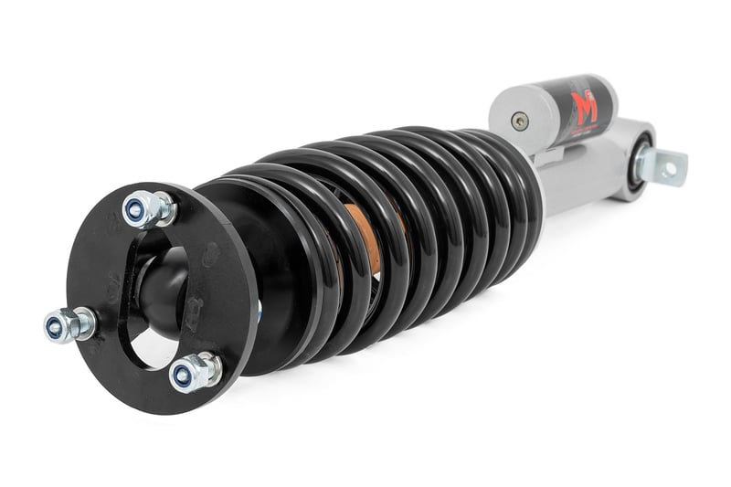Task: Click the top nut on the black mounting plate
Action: (147, 209)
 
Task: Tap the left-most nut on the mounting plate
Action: (69, 324)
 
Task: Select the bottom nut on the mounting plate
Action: (193, 371)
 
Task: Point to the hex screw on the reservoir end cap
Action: (518, 119)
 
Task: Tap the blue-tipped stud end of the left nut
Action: (53, 326)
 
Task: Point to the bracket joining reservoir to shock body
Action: (548, 152)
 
